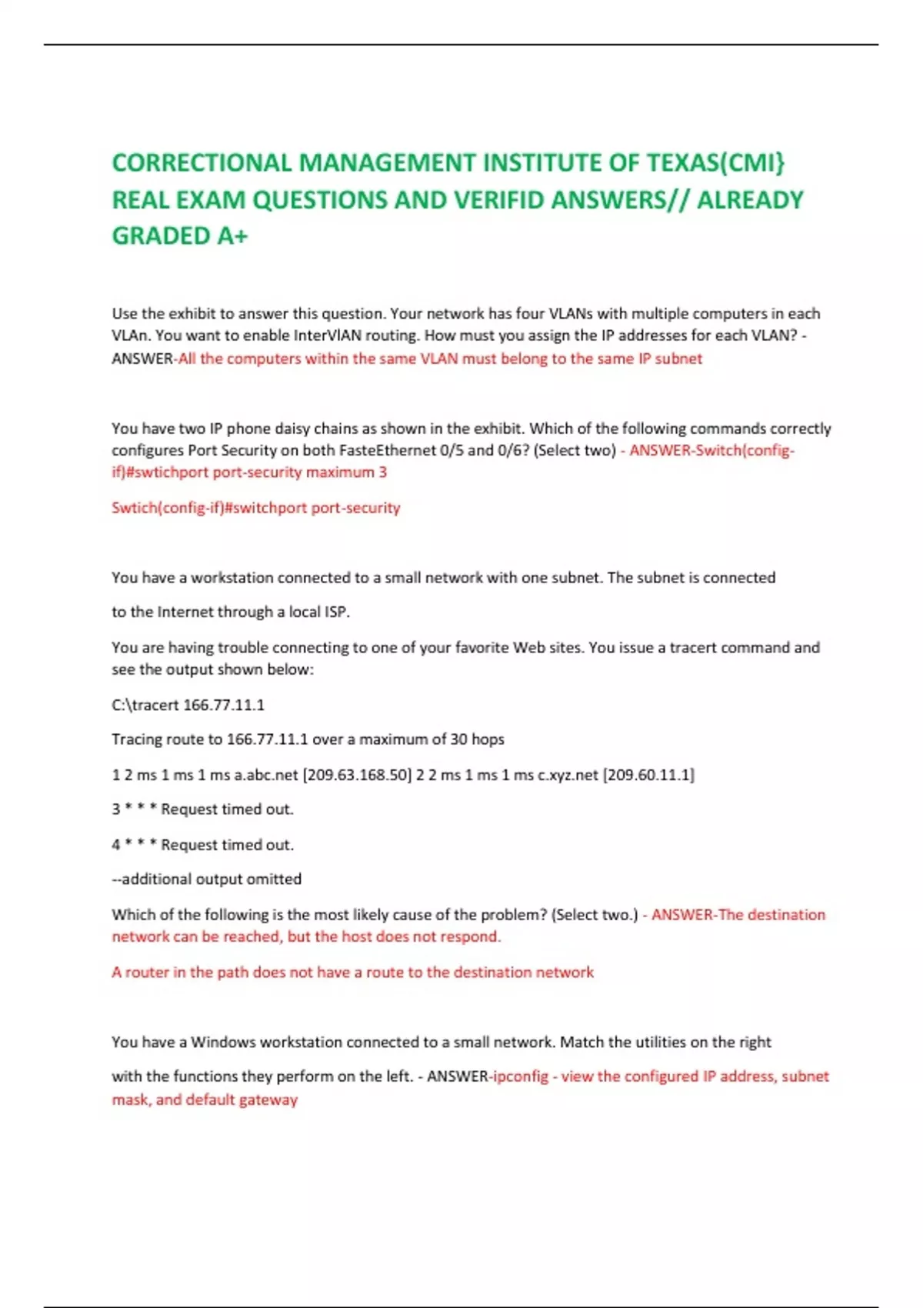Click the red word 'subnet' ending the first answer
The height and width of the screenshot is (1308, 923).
(678, 359)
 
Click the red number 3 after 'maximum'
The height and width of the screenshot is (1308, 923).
(382, 472)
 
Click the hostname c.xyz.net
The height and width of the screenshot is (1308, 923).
(568, 775)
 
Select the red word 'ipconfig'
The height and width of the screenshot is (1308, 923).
(521, 1077)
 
